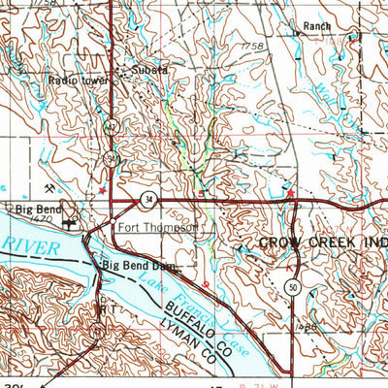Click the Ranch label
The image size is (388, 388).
click(317, 26)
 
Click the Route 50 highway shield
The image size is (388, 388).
click(292, 286)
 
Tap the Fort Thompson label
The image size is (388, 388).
click(158, 229)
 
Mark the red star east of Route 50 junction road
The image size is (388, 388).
click(288, 194)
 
